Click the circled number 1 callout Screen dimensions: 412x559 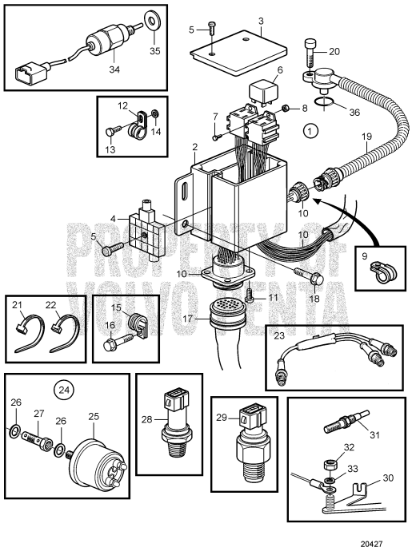click(x=310, y=131)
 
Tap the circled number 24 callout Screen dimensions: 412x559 click(x=64, y=390)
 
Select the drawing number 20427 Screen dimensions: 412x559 click(x=371, y=544)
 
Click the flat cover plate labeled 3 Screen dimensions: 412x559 click(x=238, y=52)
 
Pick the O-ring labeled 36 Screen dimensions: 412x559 click(x=324, y=103)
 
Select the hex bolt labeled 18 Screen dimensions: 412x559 click(x=309, y=276)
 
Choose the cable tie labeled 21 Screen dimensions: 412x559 click(x=30, y=333)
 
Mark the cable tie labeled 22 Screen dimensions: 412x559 click(x=66, y=333)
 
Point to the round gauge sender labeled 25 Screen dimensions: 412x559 click(x=96, y=459)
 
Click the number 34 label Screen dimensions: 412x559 click(x=114, y=69)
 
